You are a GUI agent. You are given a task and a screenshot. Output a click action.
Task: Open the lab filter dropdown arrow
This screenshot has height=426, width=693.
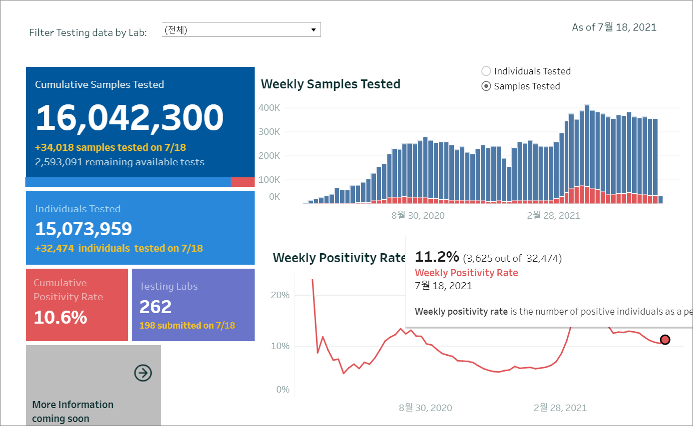click(x=314, y=30)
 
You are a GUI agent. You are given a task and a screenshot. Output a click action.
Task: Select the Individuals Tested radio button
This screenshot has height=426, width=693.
click(x=486, y=71)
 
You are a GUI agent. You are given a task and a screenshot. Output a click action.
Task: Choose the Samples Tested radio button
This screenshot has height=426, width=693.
click(x=486, y=86)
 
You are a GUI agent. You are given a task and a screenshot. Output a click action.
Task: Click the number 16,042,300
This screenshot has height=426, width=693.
click(x=130, y=118)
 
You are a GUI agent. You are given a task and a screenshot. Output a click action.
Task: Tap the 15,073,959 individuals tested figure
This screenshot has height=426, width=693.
click(x=83, y=229)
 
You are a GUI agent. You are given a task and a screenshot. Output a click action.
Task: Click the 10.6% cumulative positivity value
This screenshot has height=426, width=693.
click(x=60, y=317)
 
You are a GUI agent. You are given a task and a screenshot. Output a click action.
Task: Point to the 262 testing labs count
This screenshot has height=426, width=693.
click(x=155, y=307)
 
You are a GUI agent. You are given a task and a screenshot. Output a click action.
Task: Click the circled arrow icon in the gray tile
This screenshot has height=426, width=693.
click(x=143, y=373)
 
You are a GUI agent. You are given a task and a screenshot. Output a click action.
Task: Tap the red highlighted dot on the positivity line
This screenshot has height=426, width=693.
click(x=665, y=340)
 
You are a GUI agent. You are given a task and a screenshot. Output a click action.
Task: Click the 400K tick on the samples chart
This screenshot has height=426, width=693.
click(x=270, y=108)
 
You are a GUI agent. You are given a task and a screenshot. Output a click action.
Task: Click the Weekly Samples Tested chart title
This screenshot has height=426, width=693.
click(x=331, y=84)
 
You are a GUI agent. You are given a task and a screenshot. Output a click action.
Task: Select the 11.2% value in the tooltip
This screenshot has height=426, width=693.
click(x=437, y=257)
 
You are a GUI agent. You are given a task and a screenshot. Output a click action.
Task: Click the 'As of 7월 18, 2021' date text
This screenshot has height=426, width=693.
click(x=614, y=27)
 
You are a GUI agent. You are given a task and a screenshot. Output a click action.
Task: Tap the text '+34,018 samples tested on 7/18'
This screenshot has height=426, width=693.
click(x=110, y=147)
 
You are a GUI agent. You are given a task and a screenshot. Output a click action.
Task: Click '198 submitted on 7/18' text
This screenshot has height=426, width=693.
click(x=187, y=326)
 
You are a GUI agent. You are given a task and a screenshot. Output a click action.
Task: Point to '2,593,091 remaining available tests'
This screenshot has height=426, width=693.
click(x=119, y=162)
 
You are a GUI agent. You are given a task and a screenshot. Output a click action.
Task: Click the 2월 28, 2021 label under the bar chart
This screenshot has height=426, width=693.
click(x=553, y=216)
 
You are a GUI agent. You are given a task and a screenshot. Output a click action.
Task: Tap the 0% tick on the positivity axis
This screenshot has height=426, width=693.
click(x=283, y=390)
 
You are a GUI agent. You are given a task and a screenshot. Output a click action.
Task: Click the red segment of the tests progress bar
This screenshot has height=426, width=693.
click(x=243, y=182)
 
